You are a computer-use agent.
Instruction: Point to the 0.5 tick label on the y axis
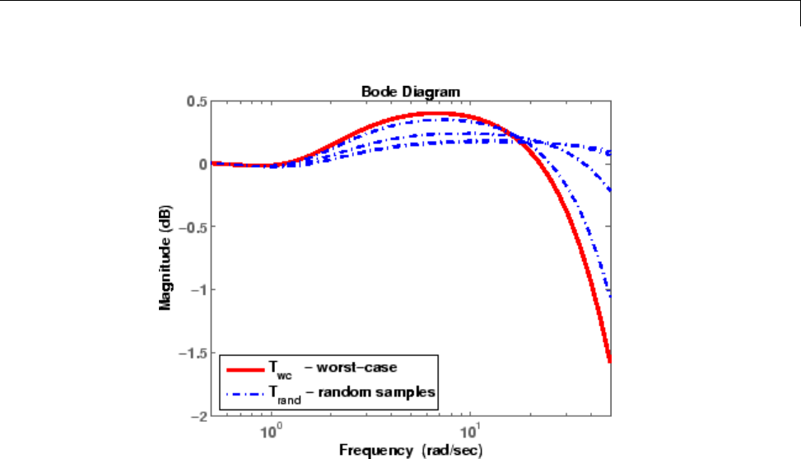coord(195,101)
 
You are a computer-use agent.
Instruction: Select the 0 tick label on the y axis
coord(201,164)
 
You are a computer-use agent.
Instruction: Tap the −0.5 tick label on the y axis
coord(192,227)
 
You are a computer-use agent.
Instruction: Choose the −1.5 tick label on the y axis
coord(192,354)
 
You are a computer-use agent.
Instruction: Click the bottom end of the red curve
coord(610,360)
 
